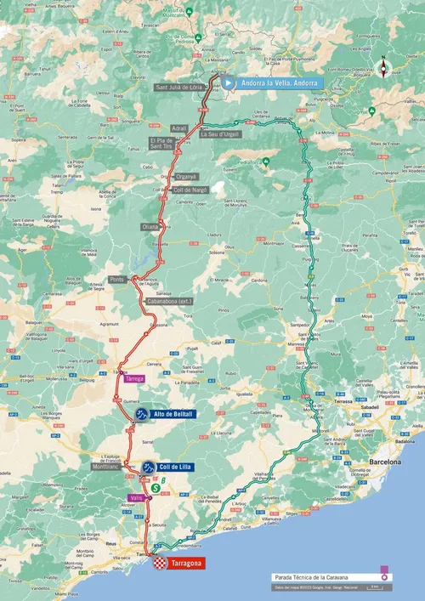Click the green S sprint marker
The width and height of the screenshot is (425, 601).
[x=156, y=487]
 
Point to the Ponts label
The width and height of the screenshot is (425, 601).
[x=117, y=279]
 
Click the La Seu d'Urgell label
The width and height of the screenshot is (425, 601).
[x=220, y=133]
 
